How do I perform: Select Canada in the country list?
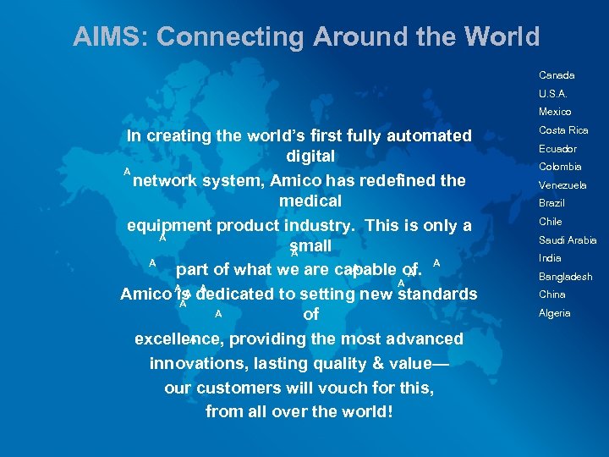556,75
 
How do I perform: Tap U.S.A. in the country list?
553,94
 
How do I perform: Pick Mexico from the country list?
555,112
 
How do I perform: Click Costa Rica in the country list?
563,130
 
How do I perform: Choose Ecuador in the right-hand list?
558,149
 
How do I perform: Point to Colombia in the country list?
560,167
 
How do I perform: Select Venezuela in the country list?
562,185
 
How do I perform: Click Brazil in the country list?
551,203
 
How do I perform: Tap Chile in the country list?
550,222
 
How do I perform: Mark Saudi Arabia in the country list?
568,240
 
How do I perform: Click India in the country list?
550,258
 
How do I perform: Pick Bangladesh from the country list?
565,277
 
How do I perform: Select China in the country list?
551,295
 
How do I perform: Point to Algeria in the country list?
554,313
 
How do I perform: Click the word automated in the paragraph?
428,135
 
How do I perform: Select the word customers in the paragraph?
237,388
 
